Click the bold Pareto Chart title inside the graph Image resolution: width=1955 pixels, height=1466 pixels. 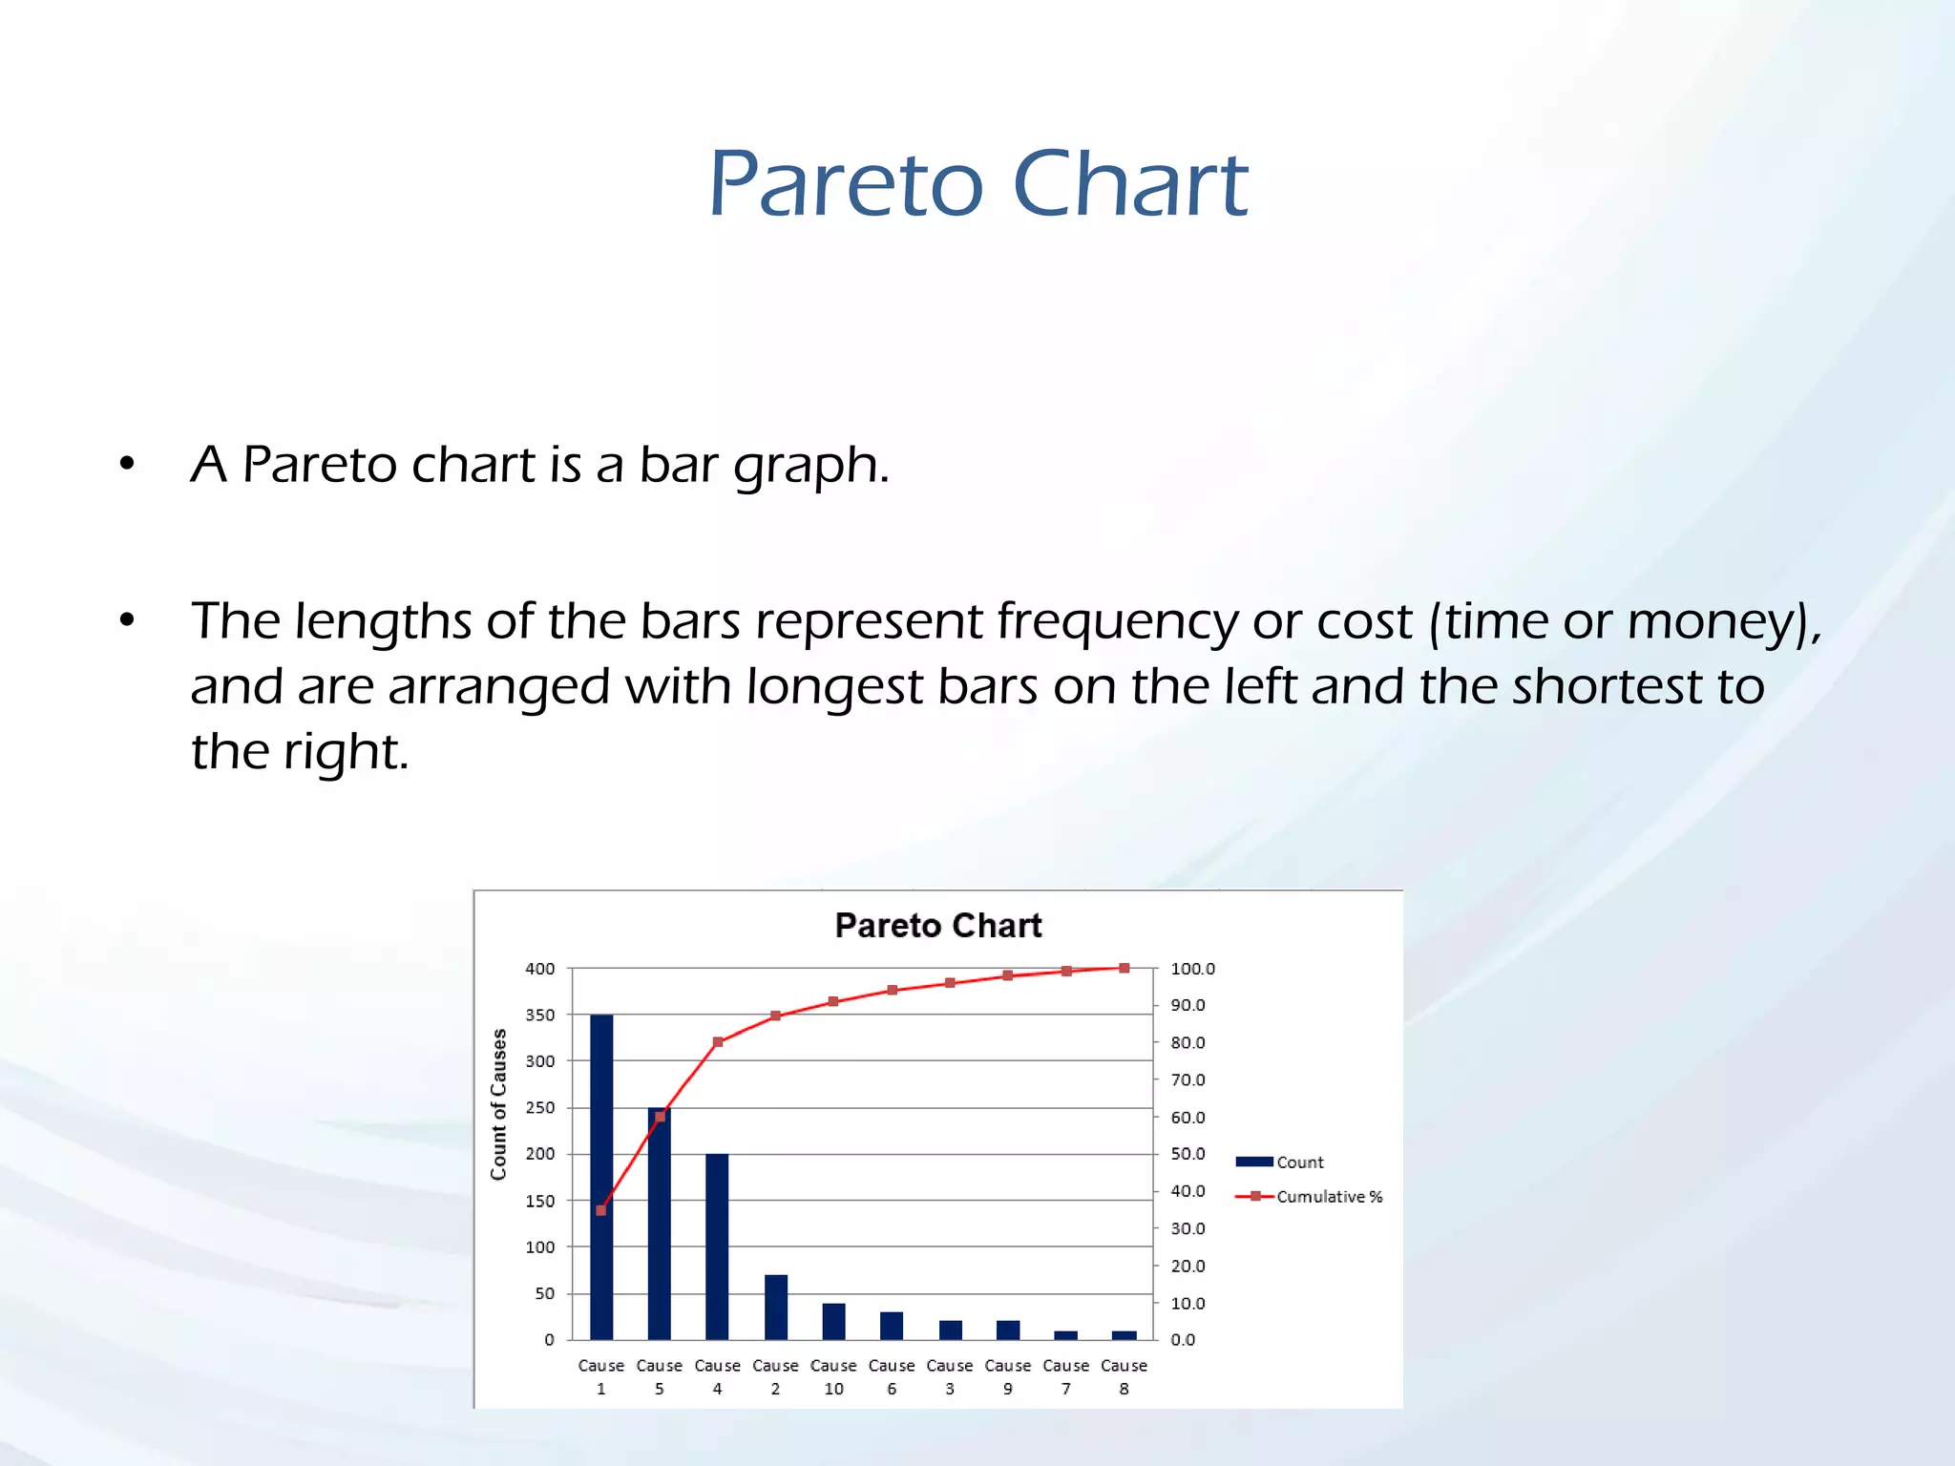(x=937, y=925)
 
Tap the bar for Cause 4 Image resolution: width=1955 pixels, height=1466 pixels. (x=717, y=1246)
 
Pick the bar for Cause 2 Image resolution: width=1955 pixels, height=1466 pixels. (x=775, y=1307)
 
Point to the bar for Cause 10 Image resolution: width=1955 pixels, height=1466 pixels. (x=833, y=1321)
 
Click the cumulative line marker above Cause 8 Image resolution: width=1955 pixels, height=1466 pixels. (x=1124, y=968)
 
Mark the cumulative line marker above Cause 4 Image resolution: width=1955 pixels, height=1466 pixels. (x=718, y=1042)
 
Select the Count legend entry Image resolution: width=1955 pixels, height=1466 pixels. (x=1279, y=1162)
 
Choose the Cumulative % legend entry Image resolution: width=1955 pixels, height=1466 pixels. (x=1309, y=1196)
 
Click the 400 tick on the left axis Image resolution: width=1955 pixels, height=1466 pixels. (x=539, y=969)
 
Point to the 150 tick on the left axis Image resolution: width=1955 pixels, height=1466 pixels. (x=539, y=1201)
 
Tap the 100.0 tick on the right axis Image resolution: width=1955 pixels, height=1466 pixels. (x=1192, y=969)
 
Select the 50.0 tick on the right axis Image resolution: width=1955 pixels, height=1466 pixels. (x=1188, y=1154)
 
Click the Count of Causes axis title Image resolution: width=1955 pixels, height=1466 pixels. (x=498, y=1104)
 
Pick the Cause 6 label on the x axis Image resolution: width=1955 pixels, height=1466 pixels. (x=892, y=1376)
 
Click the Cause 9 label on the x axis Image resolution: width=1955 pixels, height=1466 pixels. (x=1008, y=1376)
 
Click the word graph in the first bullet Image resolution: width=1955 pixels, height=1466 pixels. (x=809, y=467)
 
